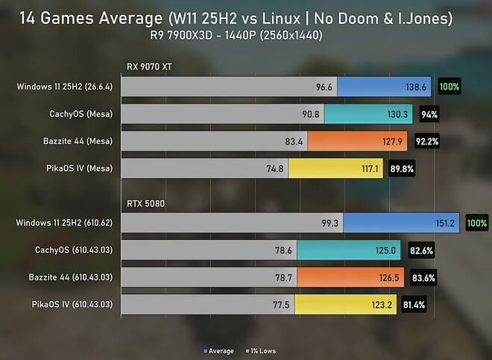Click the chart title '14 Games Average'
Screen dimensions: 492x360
tap(91, 18)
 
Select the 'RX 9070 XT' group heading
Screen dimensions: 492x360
tap(149, 67)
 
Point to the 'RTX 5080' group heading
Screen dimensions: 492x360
tap(145, 203)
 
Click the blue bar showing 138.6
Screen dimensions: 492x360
tap(384, 86)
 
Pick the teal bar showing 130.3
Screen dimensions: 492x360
tap(368, 114)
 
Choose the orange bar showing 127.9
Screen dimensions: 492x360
tap(357, 141)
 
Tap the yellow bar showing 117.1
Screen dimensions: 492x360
tap(335, 168)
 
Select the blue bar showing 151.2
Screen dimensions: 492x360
tap(401, 223)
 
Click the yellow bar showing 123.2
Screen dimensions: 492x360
tap(346, 305)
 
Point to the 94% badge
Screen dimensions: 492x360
tap(429, 115)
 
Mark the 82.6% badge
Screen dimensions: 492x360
tap(421, 250)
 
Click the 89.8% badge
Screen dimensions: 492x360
tap(402, 169)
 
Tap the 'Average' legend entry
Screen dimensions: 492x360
tap(218, 351)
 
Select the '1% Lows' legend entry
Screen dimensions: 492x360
tap(261, 351)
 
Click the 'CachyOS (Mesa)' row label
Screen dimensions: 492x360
tap(81, 113)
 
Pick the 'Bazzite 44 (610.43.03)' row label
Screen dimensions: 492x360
tap(71, 277)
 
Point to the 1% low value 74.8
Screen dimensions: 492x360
tap(275, 169)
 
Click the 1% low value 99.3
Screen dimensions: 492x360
tap(329, 223)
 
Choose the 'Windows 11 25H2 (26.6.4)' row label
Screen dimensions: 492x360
tap(65, 86)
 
